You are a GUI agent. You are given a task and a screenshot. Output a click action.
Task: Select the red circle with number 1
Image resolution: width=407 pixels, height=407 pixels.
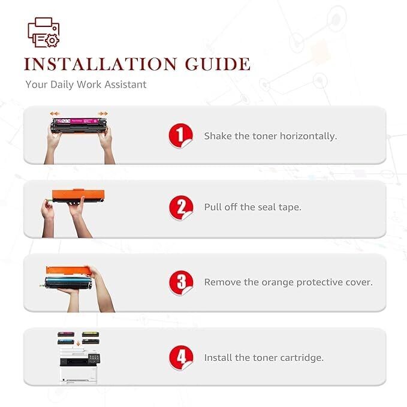180,135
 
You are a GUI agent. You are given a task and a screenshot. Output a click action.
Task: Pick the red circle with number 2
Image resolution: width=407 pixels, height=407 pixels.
180,207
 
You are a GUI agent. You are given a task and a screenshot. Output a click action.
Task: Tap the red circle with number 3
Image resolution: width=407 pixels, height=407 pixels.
180,282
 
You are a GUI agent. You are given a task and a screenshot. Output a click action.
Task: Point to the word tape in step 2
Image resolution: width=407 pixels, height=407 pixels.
288,207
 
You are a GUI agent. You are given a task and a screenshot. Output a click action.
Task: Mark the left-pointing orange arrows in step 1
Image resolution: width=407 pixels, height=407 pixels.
55,113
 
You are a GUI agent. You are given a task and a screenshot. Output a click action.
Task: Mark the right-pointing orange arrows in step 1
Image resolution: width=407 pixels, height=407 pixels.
103,113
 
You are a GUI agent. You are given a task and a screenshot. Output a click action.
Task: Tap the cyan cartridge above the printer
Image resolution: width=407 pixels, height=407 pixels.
65,342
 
